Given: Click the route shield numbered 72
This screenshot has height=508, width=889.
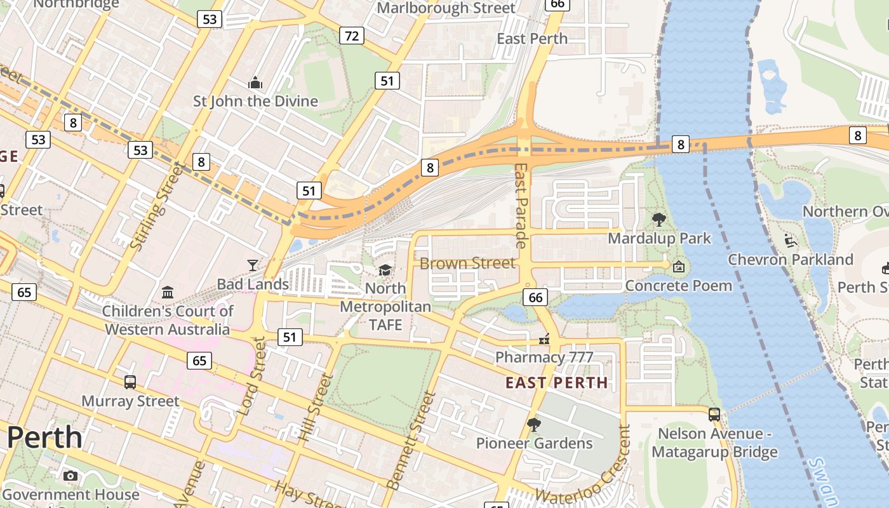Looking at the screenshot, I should (351, 36).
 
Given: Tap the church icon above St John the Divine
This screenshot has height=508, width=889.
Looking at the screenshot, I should (255, 83).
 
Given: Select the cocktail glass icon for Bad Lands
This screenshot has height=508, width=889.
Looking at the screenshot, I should (253, 265).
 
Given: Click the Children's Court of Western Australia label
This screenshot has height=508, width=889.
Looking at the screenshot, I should (168, 320).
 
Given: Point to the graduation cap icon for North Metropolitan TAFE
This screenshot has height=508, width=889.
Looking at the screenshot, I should (385, 271).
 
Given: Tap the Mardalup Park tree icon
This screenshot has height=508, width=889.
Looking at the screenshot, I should (659, 220).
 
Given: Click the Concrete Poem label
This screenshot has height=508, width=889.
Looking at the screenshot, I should (678, 286).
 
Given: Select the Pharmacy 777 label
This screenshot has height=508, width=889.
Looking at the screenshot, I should (544, 357).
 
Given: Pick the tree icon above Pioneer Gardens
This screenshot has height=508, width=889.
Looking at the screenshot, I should (534, 424).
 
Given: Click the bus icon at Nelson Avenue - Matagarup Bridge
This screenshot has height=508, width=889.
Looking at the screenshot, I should (714, 415).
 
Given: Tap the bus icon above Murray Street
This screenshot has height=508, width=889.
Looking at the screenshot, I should (130, 382).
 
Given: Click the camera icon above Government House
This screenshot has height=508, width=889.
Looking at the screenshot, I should (70, 476).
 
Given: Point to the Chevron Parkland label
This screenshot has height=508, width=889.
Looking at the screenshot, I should (790, 259).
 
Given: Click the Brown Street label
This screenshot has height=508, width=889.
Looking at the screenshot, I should (467, 263).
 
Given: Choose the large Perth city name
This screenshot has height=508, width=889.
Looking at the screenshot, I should (44, 438).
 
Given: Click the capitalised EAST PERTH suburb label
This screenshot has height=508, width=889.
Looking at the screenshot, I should (556, 383).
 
